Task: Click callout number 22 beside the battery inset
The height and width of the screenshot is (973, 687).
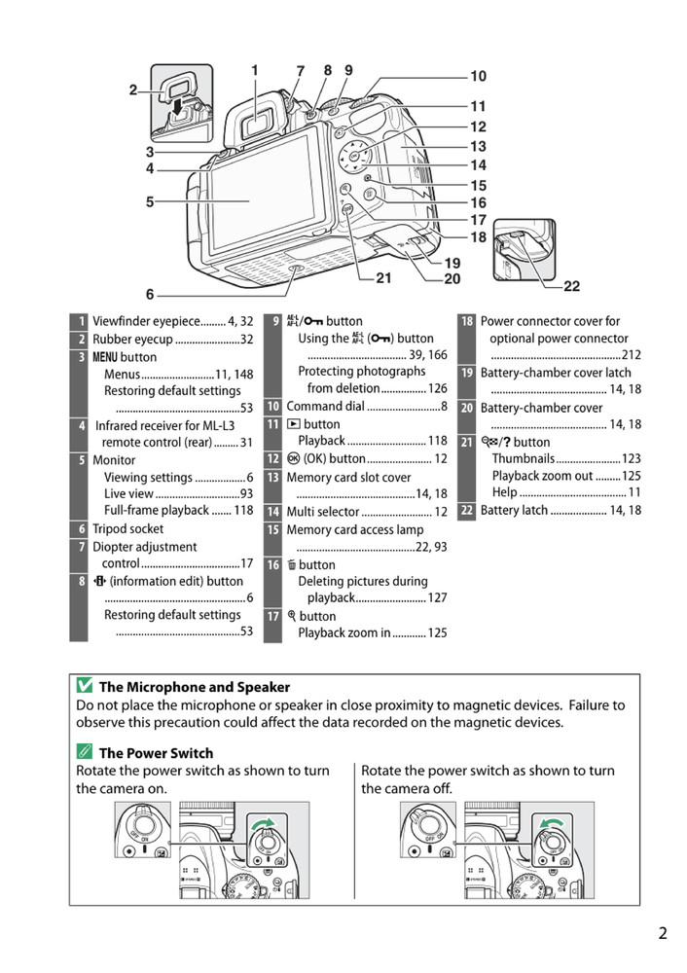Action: (x=571, y=286)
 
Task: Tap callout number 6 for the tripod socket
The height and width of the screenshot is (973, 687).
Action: (x=150, y=294)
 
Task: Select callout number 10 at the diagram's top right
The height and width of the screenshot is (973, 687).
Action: (x=478, y=76)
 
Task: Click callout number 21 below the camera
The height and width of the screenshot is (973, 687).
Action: (x=383, y=278)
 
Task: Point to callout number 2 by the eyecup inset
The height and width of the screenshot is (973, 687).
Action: (x=133, y=90)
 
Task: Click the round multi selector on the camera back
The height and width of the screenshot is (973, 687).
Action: (x=354, y=157)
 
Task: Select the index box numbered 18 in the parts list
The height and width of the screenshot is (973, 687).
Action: (x=467, y=321)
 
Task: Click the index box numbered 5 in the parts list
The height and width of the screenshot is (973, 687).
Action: (x=78, y=460)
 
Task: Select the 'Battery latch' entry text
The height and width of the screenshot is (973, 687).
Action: (x=514, y=510)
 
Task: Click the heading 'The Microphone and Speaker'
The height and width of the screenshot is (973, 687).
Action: (x=195, y=687)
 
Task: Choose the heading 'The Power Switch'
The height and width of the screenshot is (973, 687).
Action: (x=156, y=752)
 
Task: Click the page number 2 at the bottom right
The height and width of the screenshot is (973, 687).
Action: (x=663, y=934)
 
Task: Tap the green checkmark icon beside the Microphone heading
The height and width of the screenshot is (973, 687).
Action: (x=85, y=687)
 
